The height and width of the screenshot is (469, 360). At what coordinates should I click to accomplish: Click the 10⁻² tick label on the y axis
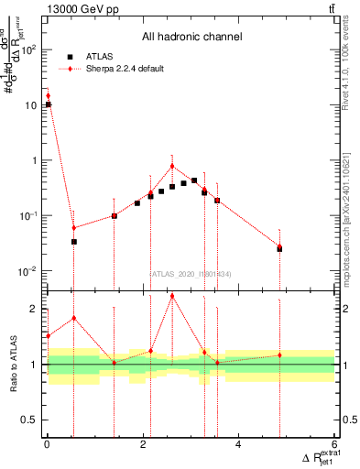click(28, 271)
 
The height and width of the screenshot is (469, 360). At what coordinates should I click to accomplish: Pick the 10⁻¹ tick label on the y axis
click(28, 216)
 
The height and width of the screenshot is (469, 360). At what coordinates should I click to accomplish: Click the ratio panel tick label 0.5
click(31, 420)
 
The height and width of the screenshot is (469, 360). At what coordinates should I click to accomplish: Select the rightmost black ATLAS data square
click(279, 248)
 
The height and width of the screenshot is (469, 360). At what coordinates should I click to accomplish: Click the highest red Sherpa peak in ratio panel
click(172, 295)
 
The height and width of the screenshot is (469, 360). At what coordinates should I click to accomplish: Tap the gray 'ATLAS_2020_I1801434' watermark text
click(191, 272)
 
